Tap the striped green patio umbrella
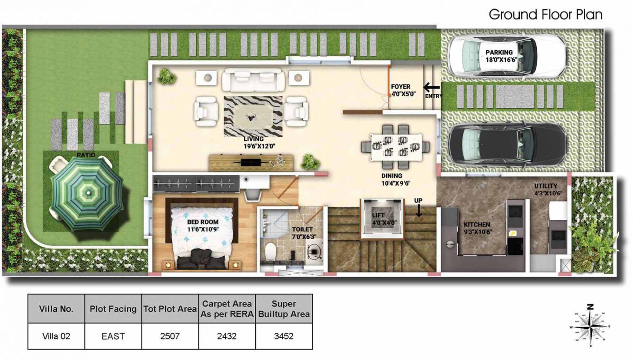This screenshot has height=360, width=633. click(87, 193)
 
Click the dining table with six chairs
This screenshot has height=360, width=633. click(395, 146)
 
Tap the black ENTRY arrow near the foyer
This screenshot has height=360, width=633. click(432, 87)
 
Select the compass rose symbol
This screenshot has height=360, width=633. click(590, 326)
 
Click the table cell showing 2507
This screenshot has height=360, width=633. click(170, 336)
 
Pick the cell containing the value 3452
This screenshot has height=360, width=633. click(284, 336)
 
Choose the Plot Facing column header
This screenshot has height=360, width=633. click(113, 309)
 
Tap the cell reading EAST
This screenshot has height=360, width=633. click(113, 336)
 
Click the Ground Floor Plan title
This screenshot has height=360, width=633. click(545, 15)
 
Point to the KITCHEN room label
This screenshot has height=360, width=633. click(477, 225)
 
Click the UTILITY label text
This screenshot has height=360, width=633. click(545, 186)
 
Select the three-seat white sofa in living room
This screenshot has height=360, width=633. click(253, 80)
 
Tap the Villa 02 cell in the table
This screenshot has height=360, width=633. click(56, 336)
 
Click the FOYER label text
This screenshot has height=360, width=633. click(400, 87)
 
